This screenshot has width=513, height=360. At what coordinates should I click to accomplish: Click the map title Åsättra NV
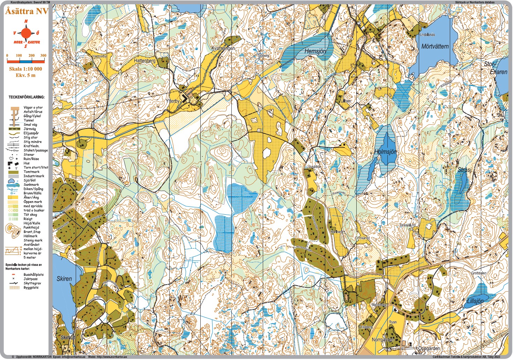coord(27,11)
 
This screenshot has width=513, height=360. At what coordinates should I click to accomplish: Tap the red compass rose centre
coord(26,34)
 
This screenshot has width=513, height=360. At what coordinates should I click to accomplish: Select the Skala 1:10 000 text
coord(25,69)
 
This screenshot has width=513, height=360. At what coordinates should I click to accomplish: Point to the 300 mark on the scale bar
coord(43,56)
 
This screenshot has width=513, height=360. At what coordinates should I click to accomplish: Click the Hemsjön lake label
coord(315,51)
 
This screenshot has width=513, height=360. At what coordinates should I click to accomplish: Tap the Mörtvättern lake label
coord(435,46)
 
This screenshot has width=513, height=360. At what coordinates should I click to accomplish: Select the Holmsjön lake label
coord(385,152)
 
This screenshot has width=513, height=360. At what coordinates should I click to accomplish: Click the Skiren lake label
coord(64,279)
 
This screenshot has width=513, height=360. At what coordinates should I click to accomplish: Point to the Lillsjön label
coord(475,301)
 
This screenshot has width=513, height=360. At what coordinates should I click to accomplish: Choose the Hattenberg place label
coord(144,61)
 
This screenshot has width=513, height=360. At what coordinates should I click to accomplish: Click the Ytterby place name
coord(173,101)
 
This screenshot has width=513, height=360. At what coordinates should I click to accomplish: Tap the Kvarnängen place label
coord(223,49)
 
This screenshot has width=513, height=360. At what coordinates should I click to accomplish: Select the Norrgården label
coord(383,340)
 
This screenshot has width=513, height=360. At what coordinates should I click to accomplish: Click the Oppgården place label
coord(429,348)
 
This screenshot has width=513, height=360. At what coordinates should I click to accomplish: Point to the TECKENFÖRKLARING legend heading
coord(27,97)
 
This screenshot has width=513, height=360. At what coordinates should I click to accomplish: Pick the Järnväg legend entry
coord(30,129)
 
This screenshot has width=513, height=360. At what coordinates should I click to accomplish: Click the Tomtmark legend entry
coord(31,172)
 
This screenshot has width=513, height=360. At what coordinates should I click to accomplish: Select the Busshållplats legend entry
coord(34,275)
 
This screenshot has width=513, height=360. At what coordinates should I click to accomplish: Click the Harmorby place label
coord(99,56)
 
